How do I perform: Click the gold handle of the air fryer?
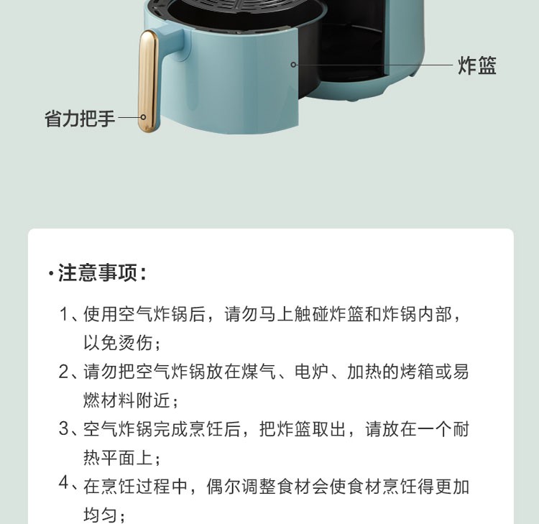coord(149,81)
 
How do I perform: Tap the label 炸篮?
coord(476,65)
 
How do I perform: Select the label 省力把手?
coord(79,119)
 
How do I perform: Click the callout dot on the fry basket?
coord(293,64)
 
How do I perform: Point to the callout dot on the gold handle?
coord(143,117)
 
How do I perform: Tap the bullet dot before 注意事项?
coord(51,274)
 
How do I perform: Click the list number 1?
coord(63,314)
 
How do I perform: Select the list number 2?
coord(64,372)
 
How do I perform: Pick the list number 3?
coord(64,428)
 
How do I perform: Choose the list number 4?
coord(64,483)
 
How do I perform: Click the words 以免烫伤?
coord(118,342)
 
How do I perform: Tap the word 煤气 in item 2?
coord(259,372)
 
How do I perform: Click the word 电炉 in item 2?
coord(311,372)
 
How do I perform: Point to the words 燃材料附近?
coord(126,400)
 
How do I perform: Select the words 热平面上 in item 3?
coord(118,458)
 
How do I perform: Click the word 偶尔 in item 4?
coord(224,487)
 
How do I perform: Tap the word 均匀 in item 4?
coord(101,515)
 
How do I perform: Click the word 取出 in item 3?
coord(329,429)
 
